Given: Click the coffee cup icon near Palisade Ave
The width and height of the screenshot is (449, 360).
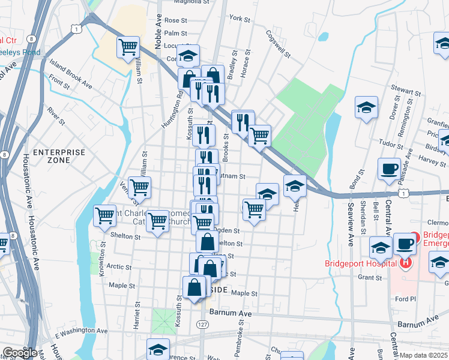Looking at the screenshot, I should coord(389,169).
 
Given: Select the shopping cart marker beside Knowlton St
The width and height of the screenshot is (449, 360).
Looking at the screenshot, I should coord(105,214).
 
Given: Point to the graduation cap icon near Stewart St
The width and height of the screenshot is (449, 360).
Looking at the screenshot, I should coord(366,107).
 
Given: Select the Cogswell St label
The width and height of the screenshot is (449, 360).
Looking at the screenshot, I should coord(278,45).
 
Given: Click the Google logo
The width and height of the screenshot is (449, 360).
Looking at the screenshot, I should coord(20,353).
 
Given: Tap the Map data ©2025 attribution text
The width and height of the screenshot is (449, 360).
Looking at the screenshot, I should coord(423,355).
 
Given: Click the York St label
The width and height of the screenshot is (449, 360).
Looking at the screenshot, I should coord(240,19).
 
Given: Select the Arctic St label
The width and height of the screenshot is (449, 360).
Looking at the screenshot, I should coord(119,267).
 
